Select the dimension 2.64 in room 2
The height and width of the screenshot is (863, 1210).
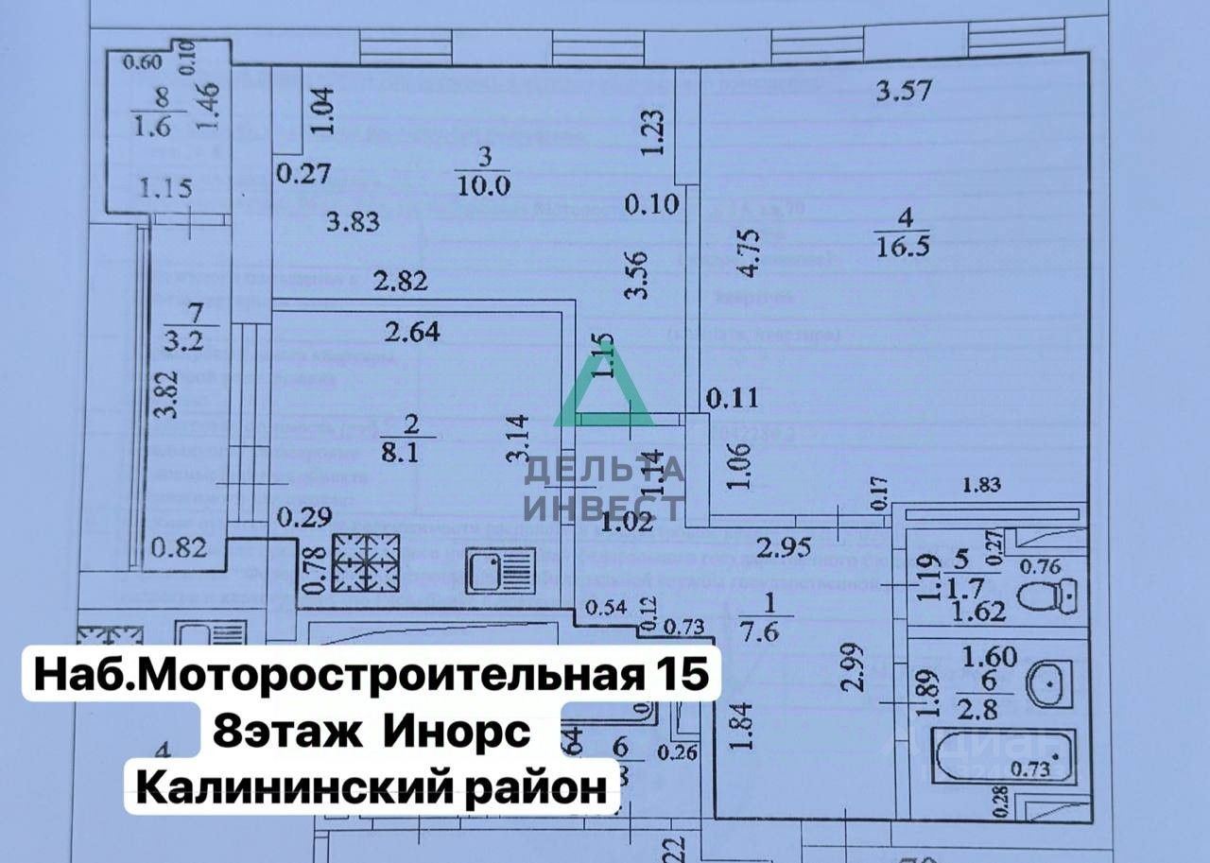pos(414,332)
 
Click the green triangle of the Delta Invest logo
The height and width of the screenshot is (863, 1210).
pos(603,394)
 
